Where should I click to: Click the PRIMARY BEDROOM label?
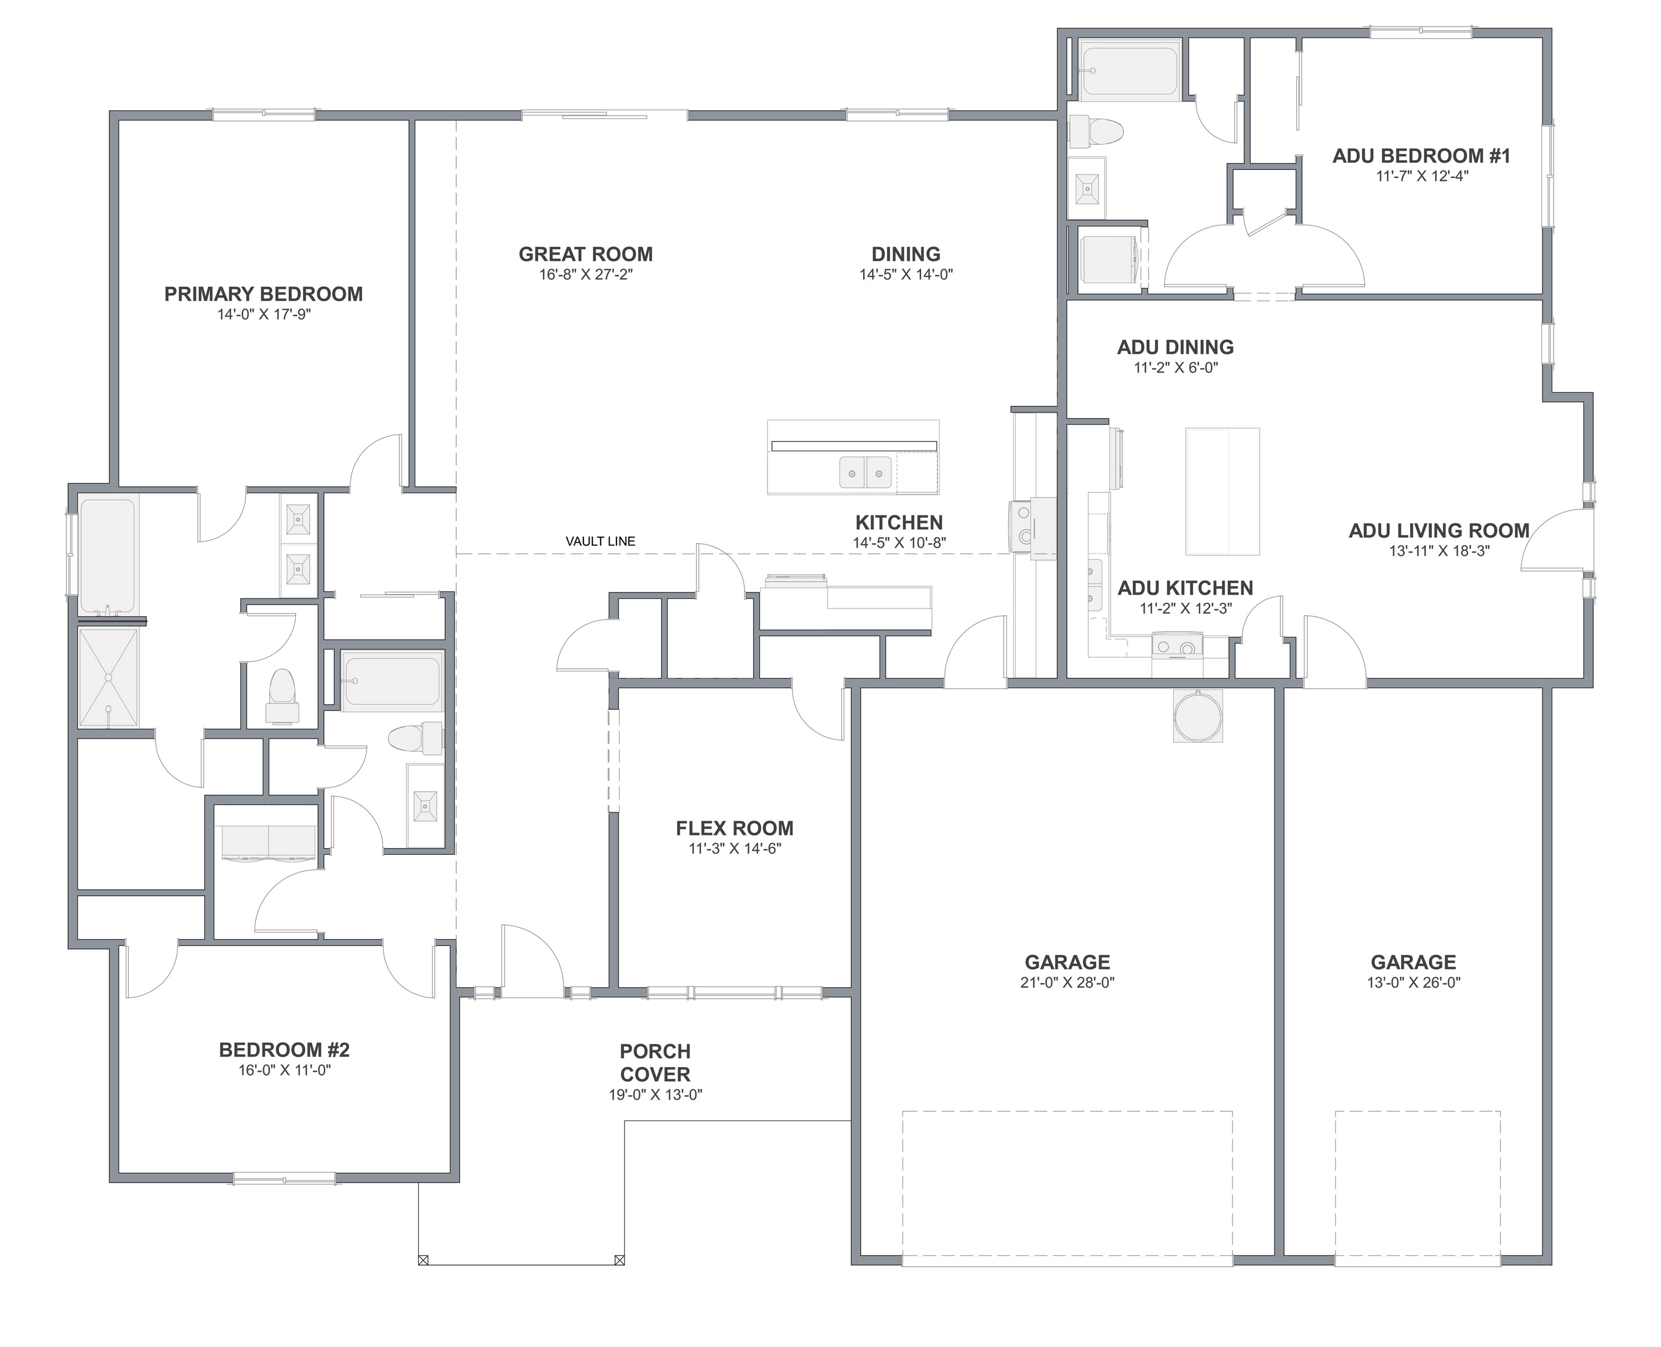263,294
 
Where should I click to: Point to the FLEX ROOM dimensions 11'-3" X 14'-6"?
735,848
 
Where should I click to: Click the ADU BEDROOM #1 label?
1421,156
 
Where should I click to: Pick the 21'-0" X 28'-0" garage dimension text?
1067,982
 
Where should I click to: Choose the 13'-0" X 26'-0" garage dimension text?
1414,982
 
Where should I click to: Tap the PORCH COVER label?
656,1063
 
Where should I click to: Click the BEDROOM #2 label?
284,1050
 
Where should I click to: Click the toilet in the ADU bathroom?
1096,131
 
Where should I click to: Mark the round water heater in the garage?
1198,715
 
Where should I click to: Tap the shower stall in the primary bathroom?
108,678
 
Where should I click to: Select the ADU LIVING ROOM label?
1439,531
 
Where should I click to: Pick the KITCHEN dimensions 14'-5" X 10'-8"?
899,543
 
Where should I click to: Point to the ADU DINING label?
1175,348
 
